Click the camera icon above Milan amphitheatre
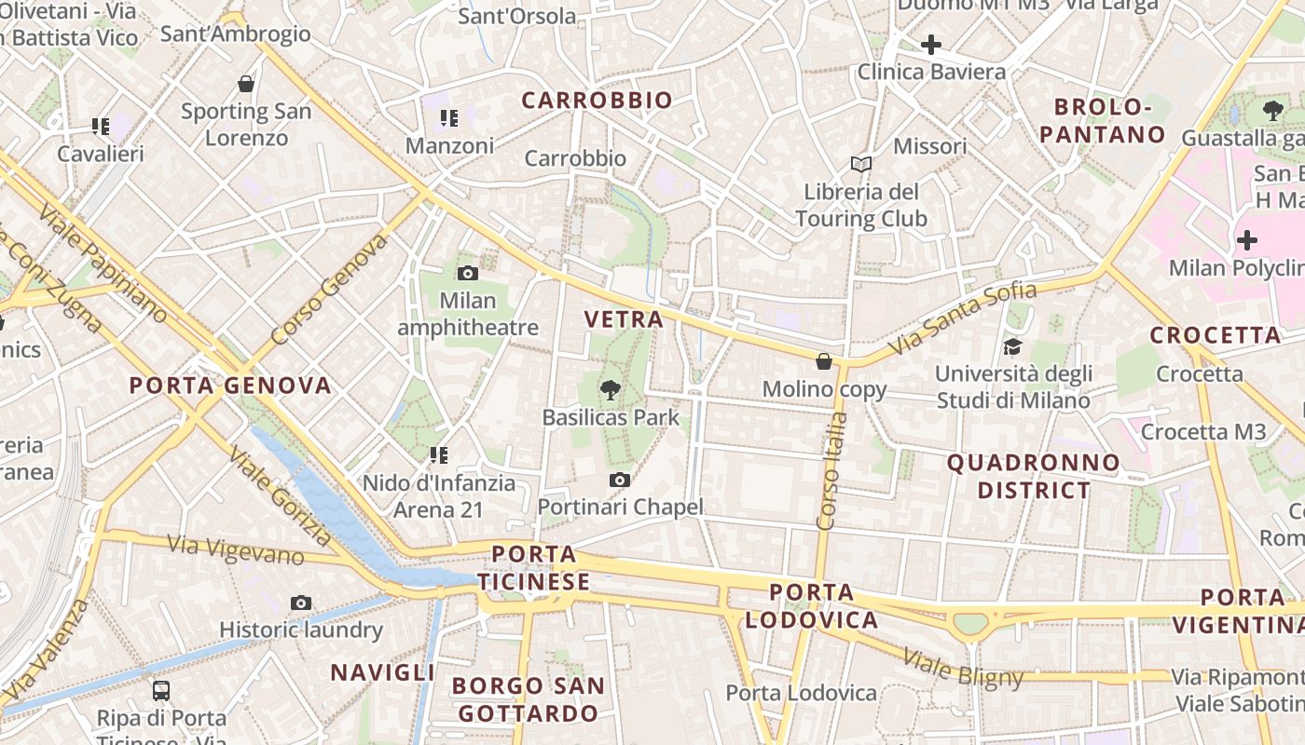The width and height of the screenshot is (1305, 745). tap(468, 273)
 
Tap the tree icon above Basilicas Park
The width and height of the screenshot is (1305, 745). tap(611, 389)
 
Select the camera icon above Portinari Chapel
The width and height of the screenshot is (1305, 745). tap(619, 481)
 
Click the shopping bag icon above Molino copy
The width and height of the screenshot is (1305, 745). tap(823, 360)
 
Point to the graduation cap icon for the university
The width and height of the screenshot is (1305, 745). tap(1012, 347)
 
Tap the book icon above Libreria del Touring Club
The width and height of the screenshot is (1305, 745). tap(861, 165)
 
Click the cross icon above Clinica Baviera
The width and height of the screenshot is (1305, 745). tap(930, 45)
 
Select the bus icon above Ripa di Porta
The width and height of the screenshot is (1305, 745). tap(161, 691)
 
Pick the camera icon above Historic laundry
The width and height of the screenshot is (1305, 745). tap(300, 603)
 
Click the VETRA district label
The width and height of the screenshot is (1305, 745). tap(624, 319)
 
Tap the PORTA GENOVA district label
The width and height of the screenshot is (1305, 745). tap(230, 386)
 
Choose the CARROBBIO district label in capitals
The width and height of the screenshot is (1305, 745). tap(597, 101)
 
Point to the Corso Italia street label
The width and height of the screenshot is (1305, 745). tap(831, 470)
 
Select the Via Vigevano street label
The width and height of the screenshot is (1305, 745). tap(236, 549)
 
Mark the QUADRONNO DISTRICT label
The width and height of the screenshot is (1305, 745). tap(1034, 476)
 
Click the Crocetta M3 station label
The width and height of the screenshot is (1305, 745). tap(1203, 432)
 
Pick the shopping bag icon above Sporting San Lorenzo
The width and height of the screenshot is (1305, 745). tap(246, 85)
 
